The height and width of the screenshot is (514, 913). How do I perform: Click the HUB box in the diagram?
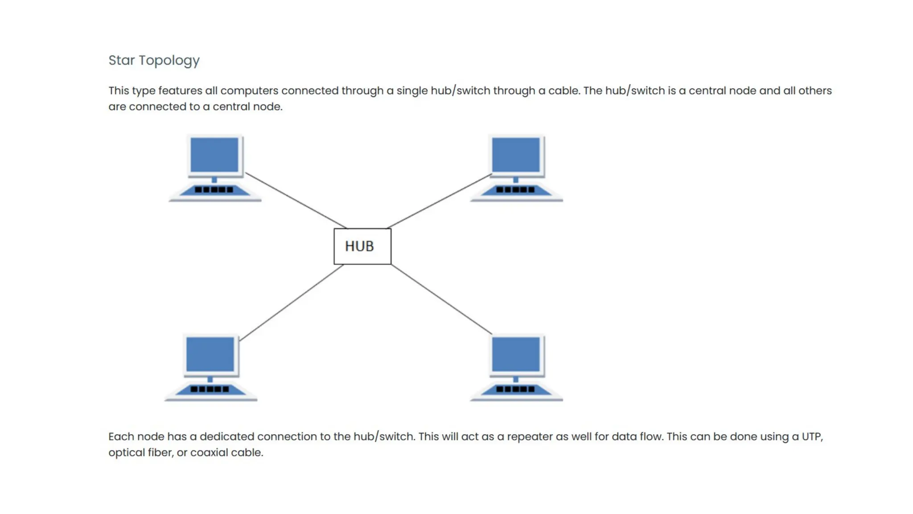362,246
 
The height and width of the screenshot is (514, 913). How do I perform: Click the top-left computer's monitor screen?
214,154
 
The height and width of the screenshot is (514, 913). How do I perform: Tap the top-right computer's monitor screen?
516,154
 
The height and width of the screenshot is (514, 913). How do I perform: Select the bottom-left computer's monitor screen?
210,354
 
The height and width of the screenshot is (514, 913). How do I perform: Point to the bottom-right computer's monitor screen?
516,354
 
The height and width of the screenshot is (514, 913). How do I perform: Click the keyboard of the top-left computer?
214,190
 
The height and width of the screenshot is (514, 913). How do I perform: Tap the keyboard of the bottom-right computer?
516,390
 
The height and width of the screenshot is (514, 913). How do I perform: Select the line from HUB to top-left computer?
296,200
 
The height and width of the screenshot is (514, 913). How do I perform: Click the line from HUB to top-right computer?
439,201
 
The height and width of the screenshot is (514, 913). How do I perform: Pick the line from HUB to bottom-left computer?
292,303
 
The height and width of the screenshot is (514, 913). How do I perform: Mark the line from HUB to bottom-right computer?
441,299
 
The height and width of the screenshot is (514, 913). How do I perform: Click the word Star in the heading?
121,60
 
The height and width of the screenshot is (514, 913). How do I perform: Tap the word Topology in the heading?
169,61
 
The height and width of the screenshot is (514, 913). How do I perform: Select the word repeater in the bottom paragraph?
530,436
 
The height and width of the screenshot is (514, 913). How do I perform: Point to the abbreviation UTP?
812,436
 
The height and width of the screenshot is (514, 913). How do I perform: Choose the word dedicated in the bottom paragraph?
226,436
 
